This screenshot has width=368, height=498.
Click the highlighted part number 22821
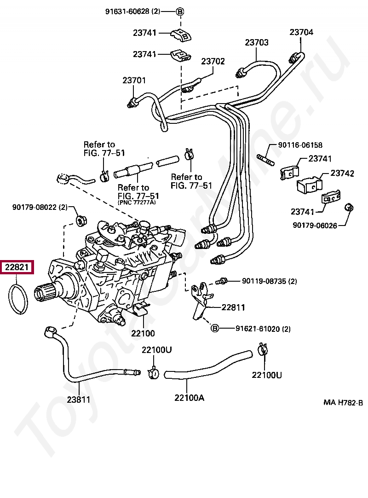(x=17, y=267)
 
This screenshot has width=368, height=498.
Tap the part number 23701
(x=134, y=81)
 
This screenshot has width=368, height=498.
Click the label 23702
(x=213, y=61)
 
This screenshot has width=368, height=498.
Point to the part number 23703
(x=256, y=42)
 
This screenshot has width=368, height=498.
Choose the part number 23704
(x=301, y=32)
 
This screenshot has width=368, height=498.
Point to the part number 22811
(x=233, y=307)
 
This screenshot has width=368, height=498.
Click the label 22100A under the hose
(x=189, y=398)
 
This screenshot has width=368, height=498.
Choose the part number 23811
(x=78, y=400)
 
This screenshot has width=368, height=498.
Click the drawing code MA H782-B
(x=343, y=402)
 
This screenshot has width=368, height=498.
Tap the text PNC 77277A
(x=137, y=202)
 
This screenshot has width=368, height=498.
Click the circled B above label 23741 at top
(x=180, y=12)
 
